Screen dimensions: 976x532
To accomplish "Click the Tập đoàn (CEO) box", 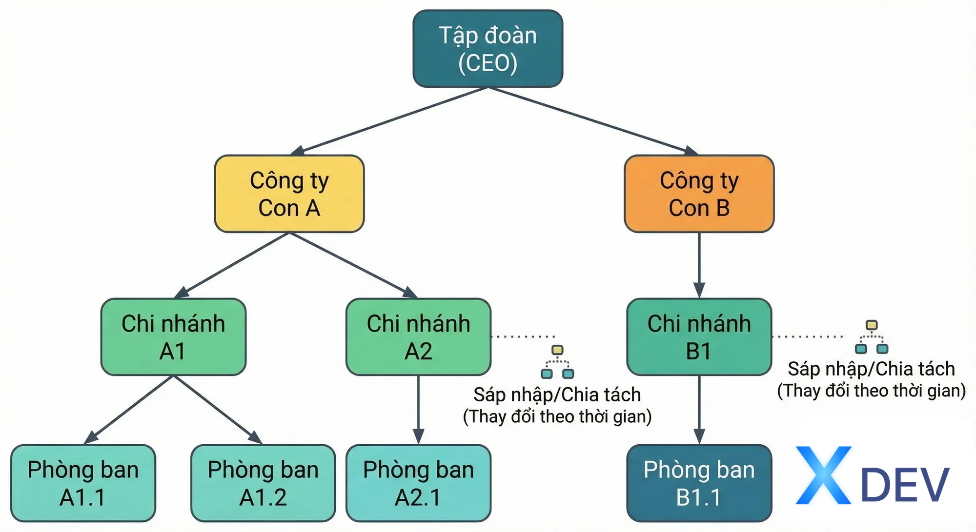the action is click(x=488, y=49).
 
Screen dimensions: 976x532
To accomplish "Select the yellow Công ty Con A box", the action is click(x=289, y=194).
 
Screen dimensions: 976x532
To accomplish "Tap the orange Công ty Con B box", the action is click(x=699, y=194).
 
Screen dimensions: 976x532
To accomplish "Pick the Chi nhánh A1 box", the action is click(x=173, y=337).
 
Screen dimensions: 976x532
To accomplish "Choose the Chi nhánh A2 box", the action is click(x=419, y=337).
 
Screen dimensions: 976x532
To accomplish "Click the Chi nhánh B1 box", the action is click(x=699, y=337).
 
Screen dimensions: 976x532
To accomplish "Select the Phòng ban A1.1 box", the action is click(x=83, y=483).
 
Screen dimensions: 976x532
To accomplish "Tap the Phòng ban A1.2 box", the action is click(x=263, y=483).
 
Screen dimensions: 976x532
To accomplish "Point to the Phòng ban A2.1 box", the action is click(x=419, y=483).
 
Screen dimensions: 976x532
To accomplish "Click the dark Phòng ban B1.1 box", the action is click(x=699, y=483).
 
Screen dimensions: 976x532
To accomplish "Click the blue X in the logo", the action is click(x=824, y=475).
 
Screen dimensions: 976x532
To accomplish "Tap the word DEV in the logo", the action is click(x=905, y=485).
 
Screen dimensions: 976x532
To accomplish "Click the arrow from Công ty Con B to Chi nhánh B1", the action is click(x=699, y=265).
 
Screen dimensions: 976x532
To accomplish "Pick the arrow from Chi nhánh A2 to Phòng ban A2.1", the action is click(x=419, y=410).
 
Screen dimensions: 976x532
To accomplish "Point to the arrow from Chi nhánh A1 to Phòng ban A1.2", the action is click(x=218, y=410).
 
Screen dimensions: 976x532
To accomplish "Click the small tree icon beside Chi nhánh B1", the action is click(x=872, y=337).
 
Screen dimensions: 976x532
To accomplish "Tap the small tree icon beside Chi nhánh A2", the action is click(x=558, y=362).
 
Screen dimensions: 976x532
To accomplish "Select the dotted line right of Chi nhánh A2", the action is click(x=523, y=336).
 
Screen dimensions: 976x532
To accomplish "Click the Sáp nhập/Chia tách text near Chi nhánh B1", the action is click(x=872, y=369).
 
